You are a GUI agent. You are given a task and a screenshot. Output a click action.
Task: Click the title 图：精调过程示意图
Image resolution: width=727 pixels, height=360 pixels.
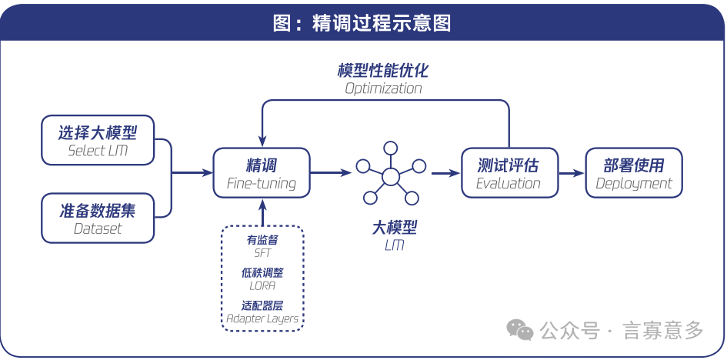tap(362, 22)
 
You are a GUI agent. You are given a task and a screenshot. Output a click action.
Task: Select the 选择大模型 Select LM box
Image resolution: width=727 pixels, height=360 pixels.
tap(98, 140)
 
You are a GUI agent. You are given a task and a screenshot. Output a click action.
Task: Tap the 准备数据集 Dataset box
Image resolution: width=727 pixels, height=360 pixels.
tap(98, 218)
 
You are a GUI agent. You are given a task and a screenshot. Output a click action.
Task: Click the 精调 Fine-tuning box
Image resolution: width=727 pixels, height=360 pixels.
tap(262, 174)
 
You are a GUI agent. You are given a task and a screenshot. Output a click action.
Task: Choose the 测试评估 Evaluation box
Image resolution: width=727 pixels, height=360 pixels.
tap(508, 174)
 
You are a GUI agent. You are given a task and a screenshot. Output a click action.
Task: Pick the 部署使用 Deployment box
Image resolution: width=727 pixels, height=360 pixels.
tap(634, 174)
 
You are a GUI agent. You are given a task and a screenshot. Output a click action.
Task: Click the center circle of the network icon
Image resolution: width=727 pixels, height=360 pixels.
tap(391, 177)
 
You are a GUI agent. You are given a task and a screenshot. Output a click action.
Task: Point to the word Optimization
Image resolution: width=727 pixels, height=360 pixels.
tap(383, 88)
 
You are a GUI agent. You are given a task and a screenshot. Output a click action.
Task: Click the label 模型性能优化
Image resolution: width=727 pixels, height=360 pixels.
tap(383, 71)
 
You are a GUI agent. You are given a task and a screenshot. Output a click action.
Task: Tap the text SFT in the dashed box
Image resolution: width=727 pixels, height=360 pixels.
tap(262, 253)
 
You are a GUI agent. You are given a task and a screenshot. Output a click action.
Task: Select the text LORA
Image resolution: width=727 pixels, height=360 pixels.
tap(262, 285)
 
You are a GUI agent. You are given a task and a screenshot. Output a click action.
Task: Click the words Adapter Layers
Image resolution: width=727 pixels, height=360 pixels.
tap(262, 318)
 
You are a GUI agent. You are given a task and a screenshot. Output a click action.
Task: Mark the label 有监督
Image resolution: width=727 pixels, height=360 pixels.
tap(262, 240)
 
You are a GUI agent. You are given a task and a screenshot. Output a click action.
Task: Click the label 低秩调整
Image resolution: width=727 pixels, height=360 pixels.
tap(262, 272)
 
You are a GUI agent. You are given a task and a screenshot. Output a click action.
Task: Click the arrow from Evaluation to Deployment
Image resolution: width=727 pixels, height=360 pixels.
tap(571, 174)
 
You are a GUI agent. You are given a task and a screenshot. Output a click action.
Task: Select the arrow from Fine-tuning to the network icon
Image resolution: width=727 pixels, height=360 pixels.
tap(332, 174)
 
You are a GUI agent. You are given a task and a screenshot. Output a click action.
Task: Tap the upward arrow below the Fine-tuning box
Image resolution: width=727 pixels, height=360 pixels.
tap(262, 211)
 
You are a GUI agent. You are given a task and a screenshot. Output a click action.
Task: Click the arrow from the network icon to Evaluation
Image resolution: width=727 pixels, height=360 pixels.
tap(445, 174)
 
